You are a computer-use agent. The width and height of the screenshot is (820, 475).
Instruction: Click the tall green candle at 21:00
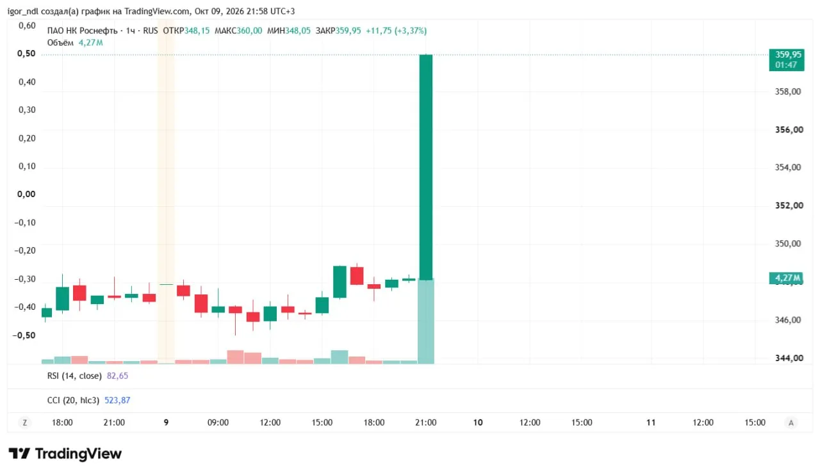tap(426, 167)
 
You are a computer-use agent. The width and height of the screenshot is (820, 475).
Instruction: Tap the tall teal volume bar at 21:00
tap(426, 321)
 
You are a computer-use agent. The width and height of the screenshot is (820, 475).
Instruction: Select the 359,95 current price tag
tap(787, 60)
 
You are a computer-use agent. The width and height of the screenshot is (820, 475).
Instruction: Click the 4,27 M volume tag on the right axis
tap(786, 278)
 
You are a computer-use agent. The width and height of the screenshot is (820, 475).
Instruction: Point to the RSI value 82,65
tap(117, 376)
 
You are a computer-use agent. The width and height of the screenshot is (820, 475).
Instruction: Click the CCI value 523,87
tap(117, 400)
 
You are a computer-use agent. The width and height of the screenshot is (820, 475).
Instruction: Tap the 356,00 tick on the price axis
tap(789, 129)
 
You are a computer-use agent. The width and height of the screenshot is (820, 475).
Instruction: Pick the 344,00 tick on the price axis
tap(789, 358)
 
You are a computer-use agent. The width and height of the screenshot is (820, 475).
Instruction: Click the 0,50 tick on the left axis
tap(26, 53)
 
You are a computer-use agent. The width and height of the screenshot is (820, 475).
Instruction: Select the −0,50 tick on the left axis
tap(24, 335)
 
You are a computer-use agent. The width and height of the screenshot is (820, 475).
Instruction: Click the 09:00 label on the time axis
tap(218, 423)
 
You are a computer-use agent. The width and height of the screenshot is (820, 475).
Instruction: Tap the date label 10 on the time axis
tap(478, 423)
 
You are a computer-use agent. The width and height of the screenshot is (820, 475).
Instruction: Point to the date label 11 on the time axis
tap(650, 423)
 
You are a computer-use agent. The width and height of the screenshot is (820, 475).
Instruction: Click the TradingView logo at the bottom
tap(65, 454)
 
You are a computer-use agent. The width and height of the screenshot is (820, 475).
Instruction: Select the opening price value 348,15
tap(197, 31)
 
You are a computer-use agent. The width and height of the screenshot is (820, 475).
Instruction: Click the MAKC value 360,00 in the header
tap(249, 31)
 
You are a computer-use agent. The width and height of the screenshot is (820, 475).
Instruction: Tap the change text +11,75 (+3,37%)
tap(396, 31)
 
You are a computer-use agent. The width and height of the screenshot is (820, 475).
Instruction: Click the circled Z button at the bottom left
tap(25, 423)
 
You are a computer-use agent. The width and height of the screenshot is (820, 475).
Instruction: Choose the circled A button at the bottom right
tap(791, 423)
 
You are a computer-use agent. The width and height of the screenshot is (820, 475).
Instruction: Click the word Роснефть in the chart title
tap(99, 31)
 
